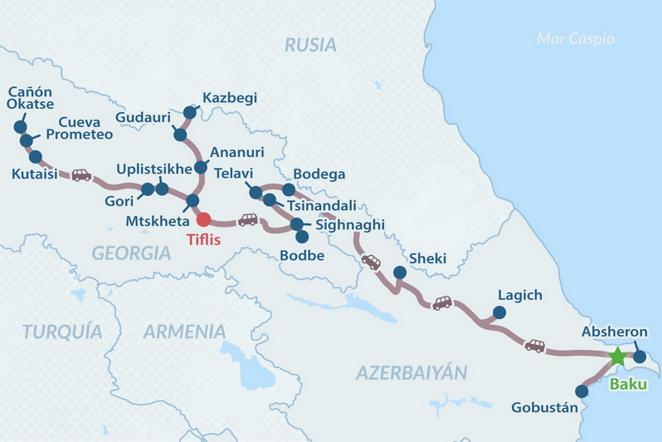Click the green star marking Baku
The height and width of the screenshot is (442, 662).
pyautogui.click(x=617, y=356)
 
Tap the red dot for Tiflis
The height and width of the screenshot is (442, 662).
pyautogui.click(x=203, y=219)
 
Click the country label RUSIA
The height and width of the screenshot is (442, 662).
pyautogui.click(x=310, y=45)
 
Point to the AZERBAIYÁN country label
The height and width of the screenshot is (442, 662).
pyautogui.click(x=411, y=372)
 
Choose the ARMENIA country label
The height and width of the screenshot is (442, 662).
pyautogui.click(x=184, y=331)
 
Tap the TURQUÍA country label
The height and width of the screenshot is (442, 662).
pyautogui.click(x=62, y=331)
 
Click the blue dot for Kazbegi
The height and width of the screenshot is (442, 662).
pyautogui.click(x=190, y=112)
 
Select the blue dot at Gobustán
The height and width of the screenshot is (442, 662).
pyautogui.click(x=582, y=390)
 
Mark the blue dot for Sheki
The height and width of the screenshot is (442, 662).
pyautogui.click(x=399, y=272)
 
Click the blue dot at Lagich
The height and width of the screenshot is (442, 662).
pyautogui.click(x=499, y=312)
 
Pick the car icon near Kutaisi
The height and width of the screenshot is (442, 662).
pyautogui.click(x=80, y=175)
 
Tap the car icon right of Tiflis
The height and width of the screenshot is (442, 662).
pyautogui.click(x=248, y=220)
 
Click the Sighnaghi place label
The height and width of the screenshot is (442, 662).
pyautogui.click(x=348, y=224)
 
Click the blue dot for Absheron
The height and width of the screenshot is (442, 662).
pyautogui.click(x=639, y=356)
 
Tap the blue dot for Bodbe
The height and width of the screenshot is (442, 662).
pyautogui.click(x=302, y=237)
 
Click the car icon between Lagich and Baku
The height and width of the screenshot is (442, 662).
pyautogui.click(x=535, y=345)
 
